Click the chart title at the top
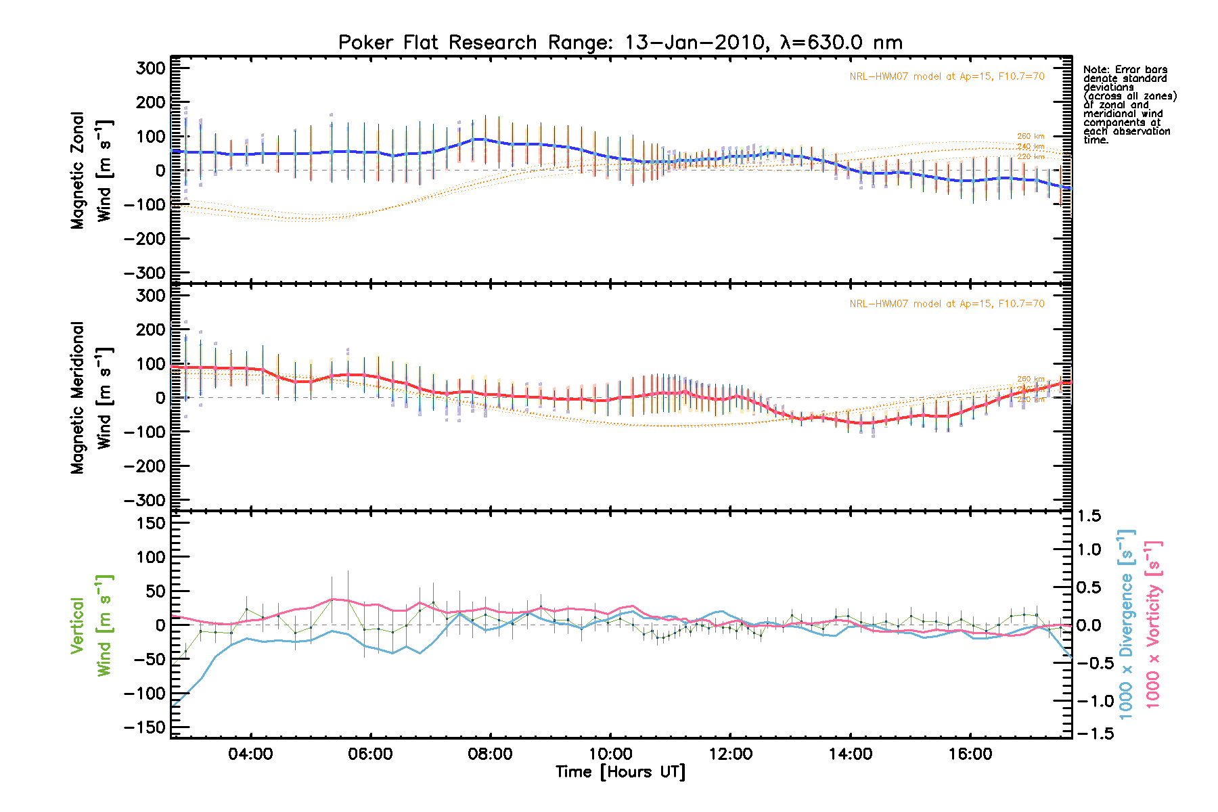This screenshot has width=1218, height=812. pos(620,43)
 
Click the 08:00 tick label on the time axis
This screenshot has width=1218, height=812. pos(490,754)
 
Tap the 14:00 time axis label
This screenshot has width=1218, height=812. pos(850,754)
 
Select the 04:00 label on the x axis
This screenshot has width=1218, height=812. pos(250,754)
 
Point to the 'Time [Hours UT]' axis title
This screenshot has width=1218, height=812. pos(620,772)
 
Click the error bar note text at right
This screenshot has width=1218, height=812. pos(1129,105)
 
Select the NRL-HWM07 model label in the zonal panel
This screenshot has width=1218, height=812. pos(947,76)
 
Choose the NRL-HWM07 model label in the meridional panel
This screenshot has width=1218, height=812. pos(947,304)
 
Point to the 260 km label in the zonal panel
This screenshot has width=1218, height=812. pos(1031,137)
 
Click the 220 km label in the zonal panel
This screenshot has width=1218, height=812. pos(1031,157)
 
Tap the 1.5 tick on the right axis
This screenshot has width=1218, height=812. pos(1089,516)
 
